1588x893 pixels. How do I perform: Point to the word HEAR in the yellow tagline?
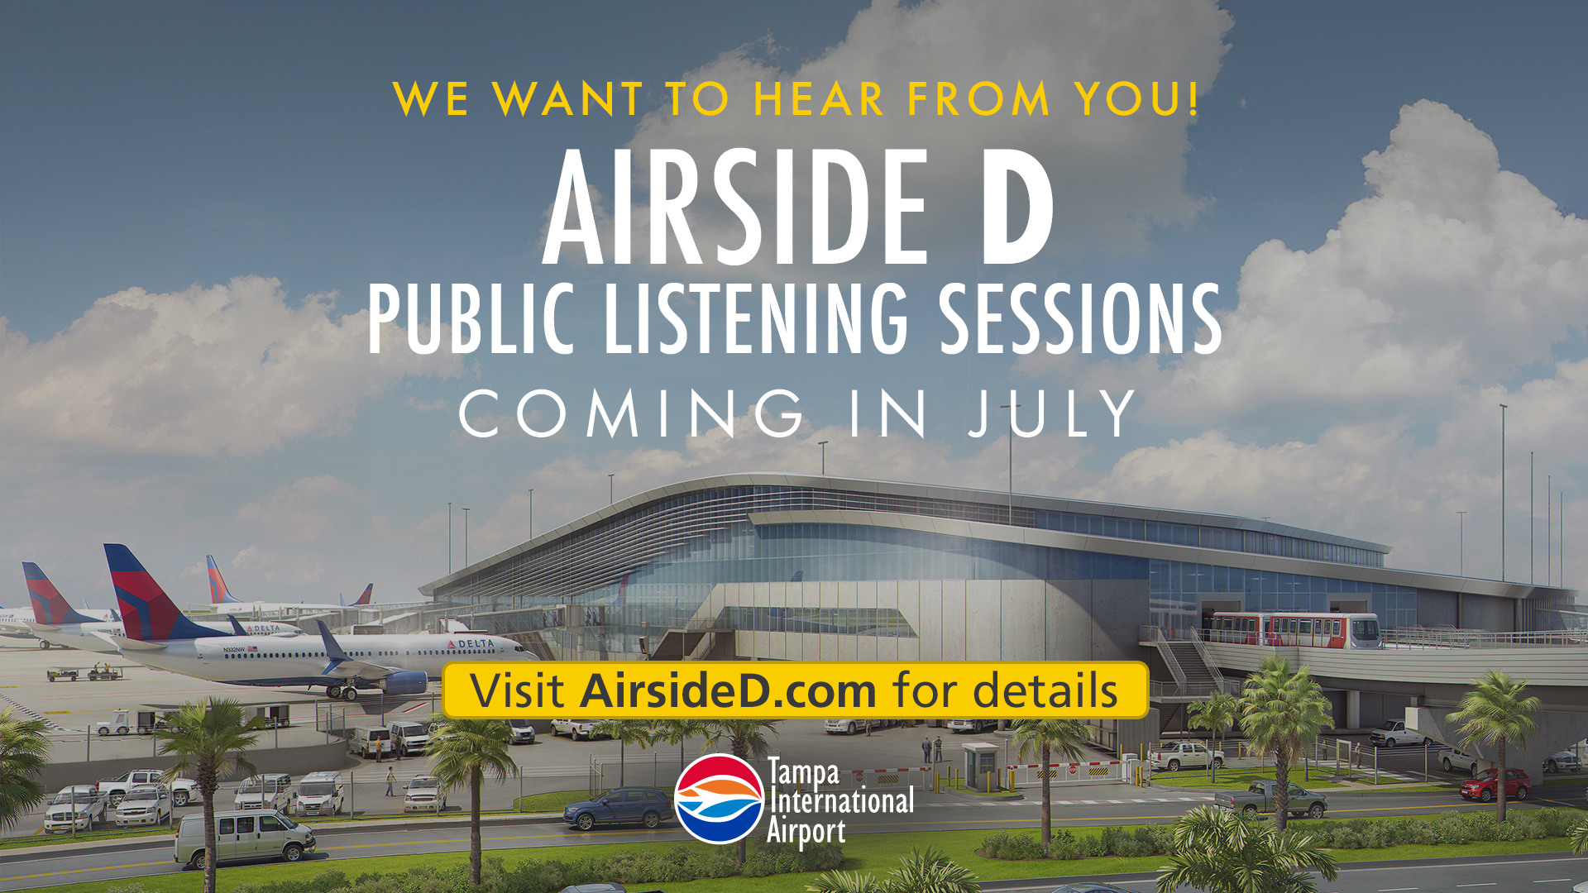tap(819, 99)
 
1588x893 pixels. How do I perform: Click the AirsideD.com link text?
tap(728, 691)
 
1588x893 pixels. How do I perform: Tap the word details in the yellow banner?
tap(1045, 691)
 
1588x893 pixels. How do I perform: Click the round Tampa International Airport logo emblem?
tap(718, 799)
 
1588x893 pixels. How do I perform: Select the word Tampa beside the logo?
tap(803, 774)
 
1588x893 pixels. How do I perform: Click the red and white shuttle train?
tap(1295, 630)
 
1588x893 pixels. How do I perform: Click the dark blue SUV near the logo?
tap(618, 807)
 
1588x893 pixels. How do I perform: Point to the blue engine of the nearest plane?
tap(405, 683)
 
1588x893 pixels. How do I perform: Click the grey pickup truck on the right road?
tap(1270, 798)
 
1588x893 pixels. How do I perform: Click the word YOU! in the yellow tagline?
tap(1137, 99)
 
